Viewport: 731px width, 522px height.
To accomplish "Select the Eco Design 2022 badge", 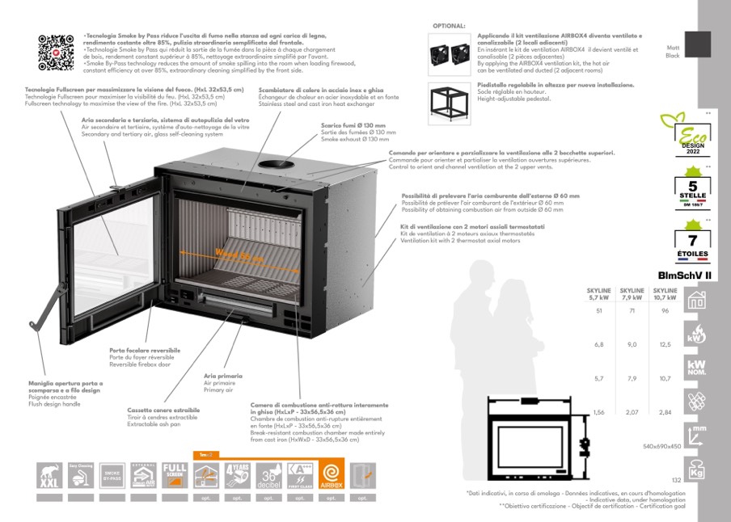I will coord(685,135).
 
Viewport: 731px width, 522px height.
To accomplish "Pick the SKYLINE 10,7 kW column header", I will coord(666,293).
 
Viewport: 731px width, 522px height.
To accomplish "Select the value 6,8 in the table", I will coord(599,345).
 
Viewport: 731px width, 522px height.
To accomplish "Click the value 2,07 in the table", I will coord(632,412).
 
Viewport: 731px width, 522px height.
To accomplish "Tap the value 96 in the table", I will coord(666,310).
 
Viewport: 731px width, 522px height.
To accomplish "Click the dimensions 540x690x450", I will coord(661,446).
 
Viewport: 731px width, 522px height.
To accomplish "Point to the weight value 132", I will coord(677,481).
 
